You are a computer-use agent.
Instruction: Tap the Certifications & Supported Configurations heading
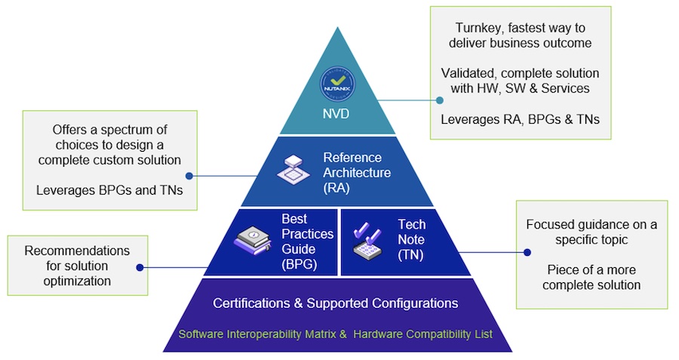[336, 303]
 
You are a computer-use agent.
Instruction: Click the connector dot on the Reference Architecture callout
[189, 176]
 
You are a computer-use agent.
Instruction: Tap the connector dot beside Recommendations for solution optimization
[141, 266]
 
